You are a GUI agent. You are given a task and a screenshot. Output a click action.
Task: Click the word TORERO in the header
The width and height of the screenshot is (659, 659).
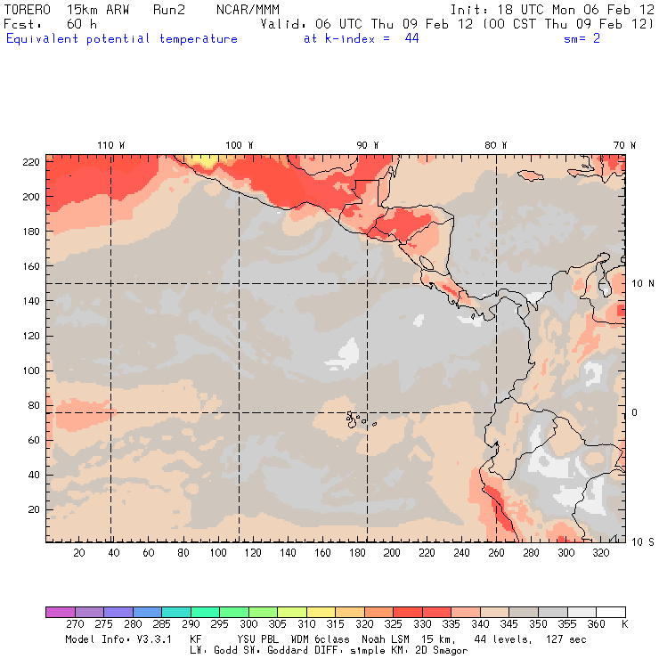point(28,10)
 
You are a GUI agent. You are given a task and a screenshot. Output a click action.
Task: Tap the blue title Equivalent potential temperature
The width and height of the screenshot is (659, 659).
point(122,39)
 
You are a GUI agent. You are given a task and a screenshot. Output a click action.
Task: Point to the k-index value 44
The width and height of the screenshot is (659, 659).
point(411,39)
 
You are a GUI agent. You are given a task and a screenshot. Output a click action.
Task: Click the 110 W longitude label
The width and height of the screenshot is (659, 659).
point(110,145)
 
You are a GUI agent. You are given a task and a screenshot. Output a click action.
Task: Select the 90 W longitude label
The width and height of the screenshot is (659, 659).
point(368,145)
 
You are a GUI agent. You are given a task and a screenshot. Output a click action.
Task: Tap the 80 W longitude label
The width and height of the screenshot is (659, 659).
point(496,145)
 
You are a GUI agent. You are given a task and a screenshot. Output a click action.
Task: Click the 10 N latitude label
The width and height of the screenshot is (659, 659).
point(643,283)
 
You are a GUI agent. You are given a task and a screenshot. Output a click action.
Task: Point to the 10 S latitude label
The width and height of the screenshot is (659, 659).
point(643,541)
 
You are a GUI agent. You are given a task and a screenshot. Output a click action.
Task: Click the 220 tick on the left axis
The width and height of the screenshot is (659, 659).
point(30,161)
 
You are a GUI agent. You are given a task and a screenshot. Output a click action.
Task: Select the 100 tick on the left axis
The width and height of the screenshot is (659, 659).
point(30,370)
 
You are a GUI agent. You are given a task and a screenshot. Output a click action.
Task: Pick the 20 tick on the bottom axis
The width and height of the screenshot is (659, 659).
point(78,553)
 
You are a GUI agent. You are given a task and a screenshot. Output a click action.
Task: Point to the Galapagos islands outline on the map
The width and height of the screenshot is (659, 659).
point(355,417)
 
